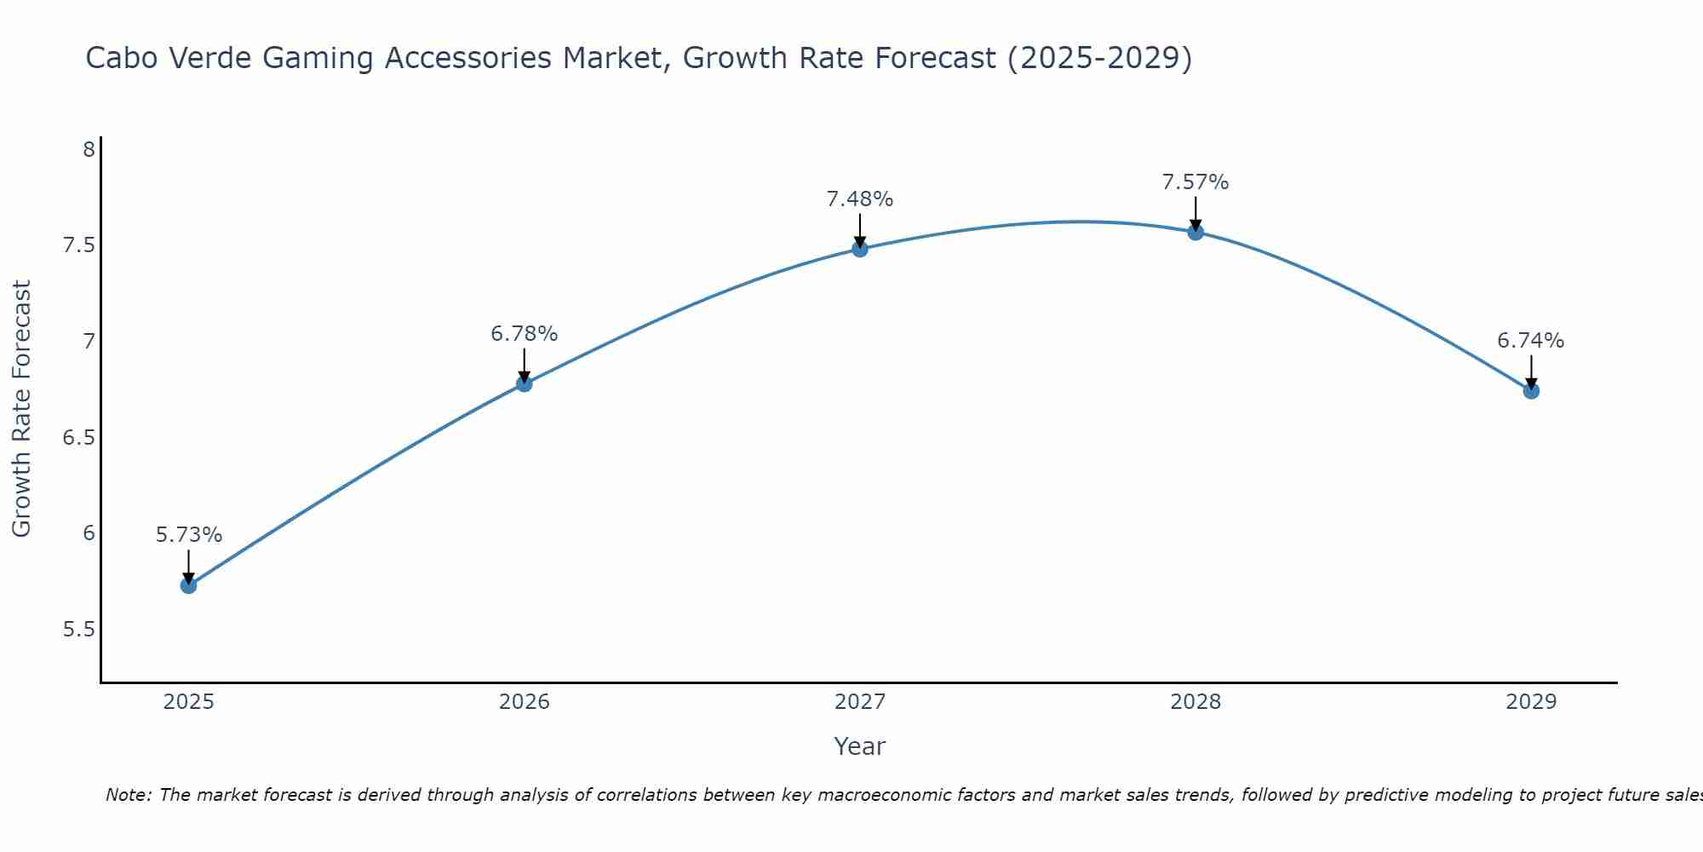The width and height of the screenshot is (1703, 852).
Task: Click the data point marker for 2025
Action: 189,585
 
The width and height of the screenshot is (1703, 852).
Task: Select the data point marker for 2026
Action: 525,384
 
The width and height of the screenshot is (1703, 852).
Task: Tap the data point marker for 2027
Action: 860,249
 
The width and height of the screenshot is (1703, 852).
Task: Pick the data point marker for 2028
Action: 1196,232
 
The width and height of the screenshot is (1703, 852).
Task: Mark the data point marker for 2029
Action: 1531,391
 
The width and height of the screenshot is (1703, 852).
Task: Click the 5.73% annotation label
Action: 189,535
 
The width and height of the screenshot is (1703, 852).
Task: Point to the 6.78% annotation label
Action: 525,334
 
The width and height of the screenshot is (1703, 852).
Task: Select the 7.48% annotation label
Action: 860,199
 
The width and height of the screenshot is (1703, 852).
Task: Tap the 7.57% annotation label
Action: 1196,182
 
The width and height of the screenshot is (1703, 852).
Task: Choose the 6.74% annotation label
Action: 1531,341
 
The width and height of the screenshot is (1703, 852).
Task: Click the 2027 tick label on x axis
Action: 860,702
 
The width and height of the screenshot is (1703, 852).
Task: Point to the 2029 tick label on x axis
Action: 1531,702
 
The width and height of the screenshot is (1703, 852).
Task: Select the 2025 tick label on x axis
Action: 189,702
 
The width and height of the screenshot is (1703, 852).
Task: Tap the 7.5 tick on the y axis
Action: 78,245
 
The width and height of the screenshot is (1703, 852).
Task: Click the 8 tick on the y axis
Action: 89,150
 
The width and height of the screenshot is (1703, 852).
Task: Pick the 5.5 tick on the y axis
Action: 78,630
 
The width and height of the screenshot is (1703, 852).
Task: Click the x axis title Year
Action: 860,746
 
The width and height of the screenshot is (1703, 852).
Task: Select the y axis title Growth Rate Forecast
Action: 22,409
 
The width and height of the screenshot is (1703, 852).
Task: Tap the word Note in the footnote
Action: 128,795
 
